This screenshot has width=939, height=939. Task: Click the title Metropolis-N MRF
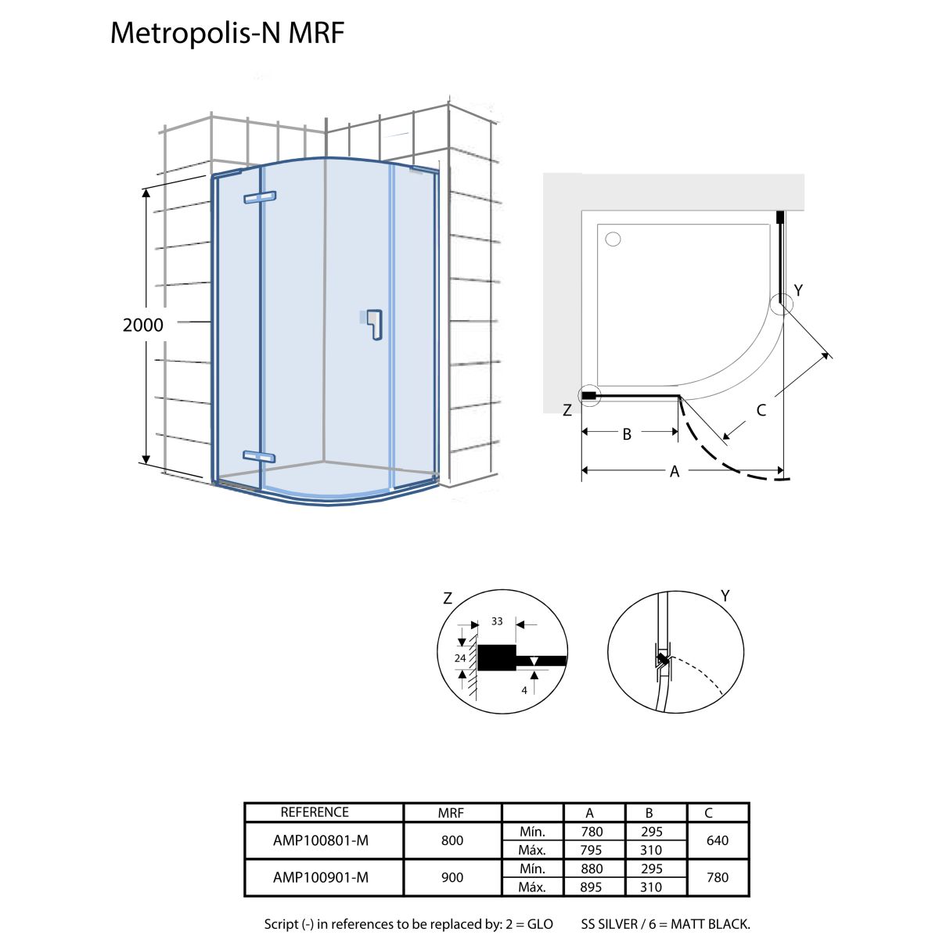pos(227,33)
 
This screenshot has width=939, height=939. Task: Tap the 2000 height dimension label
pos(143,325)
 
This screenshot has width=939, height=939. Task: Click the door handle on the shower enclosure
pos(376,326)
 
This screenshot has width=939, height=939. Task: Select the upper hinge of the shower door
pos(260,197)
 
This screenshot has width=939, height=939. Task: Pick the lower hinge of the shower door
pos(259,456)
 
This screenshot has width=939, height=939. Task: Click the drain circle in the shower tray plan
pos(613,239)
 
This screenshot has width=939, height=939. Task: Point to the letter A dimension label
pos(675,471)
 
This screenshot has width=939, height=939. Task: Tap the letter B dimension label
pos(627,434)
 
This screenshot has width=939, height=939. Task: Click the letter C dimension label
pos(761,409)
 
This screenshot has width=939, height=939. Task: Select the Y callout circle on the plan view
pos(782,304)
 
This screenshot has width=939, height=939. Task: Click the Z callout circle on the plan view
pos(588,397)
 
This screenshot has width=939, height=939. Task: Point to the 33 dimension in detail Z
pos(497,621)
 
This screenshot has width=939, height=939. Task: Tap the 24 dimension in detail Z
pos(460,658)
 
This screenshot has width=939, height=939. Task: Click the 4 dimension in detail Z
pos(524,690)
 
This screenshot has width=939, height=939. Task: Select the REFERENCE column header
pos(315,812)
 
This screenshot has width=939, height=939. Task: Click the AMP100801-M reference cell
pos(321,840)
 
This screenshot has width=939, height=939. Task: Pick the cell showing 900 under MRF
pos(452,877)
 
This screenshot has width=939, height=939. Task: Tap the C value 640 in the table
pos(717,840)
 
